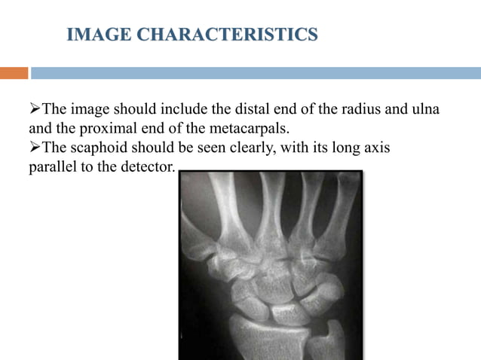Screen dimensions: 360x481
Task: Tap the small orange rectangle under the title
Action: tap(14, 73)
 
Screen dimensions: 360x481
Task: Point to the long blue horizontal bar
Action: tap(256, 73)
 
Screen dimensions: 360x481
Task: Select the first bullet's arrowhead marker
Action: tap(35, 110)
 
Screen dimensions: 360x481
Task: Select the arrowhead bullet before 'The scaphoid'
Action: tap(35, 148)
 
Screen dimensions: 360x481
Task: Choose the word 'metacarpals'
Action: tap(252, 129)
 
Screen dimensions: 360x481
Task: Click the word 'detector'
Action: tap(149, 166)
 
